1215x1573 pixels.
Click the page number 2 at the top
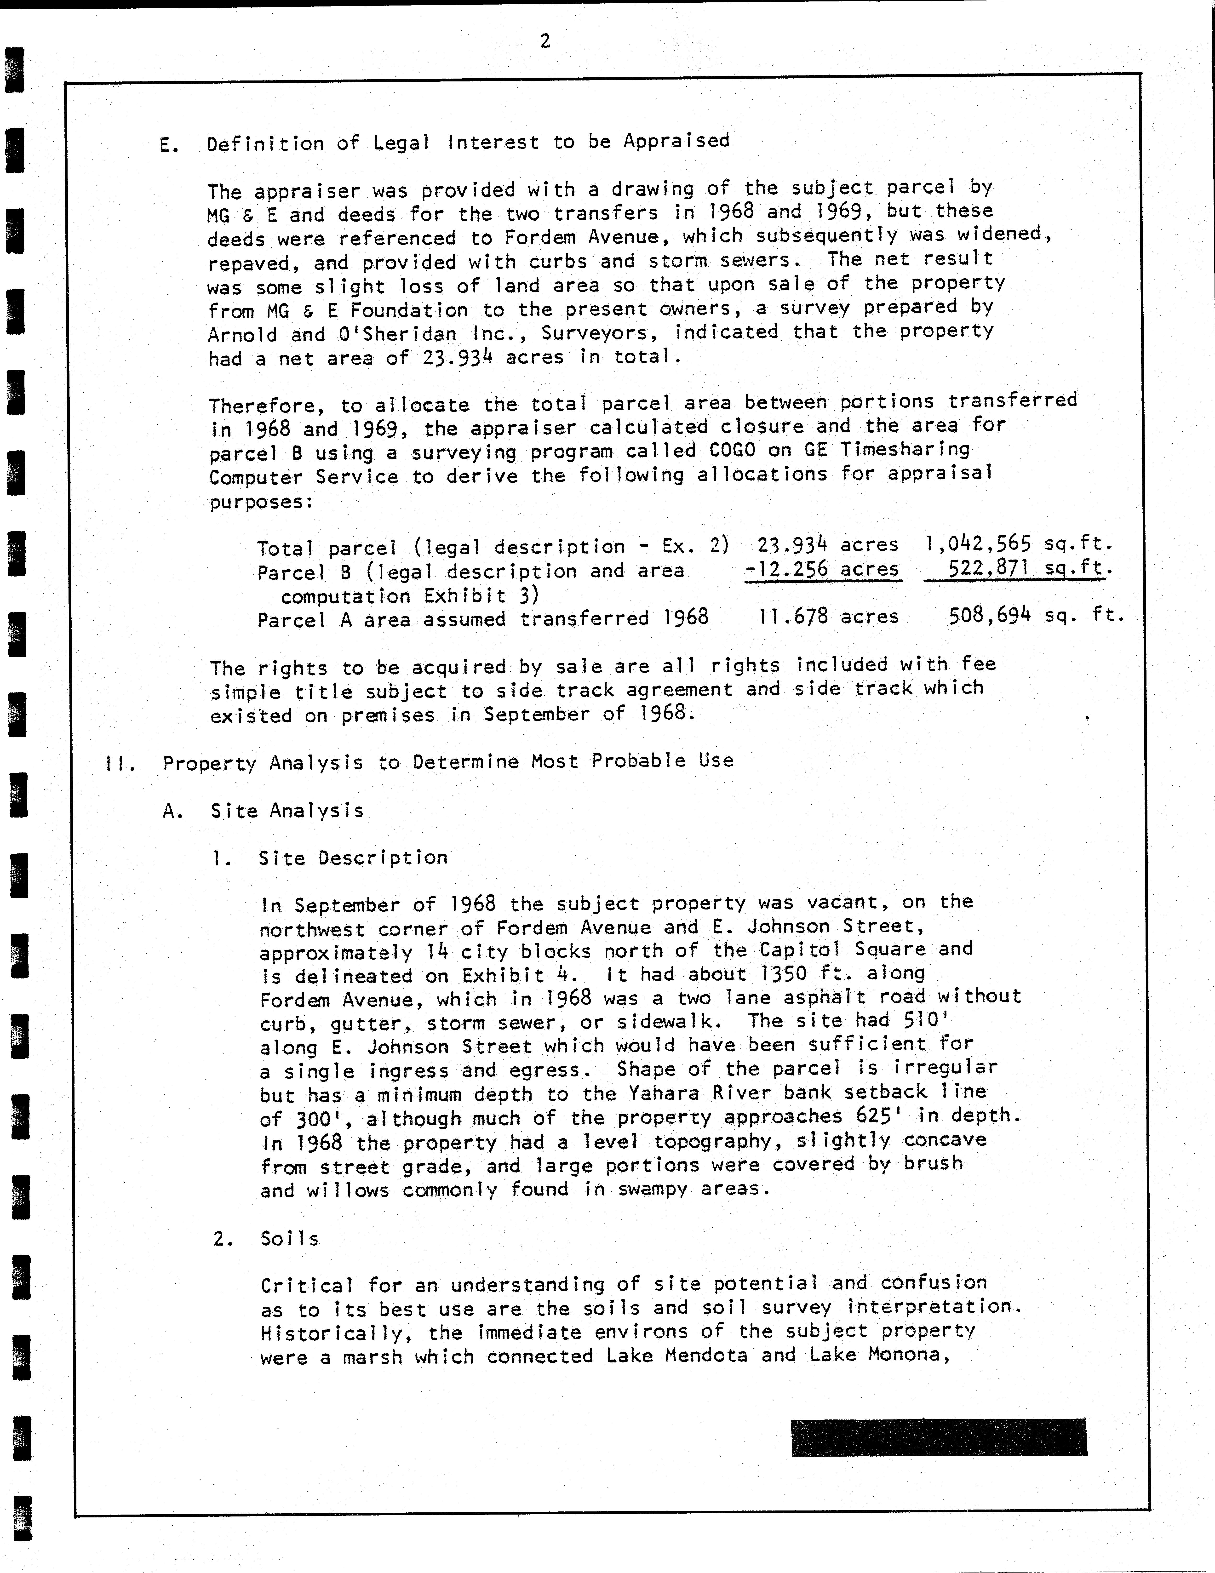545,42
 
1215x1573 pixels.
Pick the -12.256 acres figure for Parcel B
822,569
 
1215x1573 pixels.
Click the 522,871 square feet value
990,568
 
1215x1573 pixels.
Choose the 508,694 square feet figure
990,615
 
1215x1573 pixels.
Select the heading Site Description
353,858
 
